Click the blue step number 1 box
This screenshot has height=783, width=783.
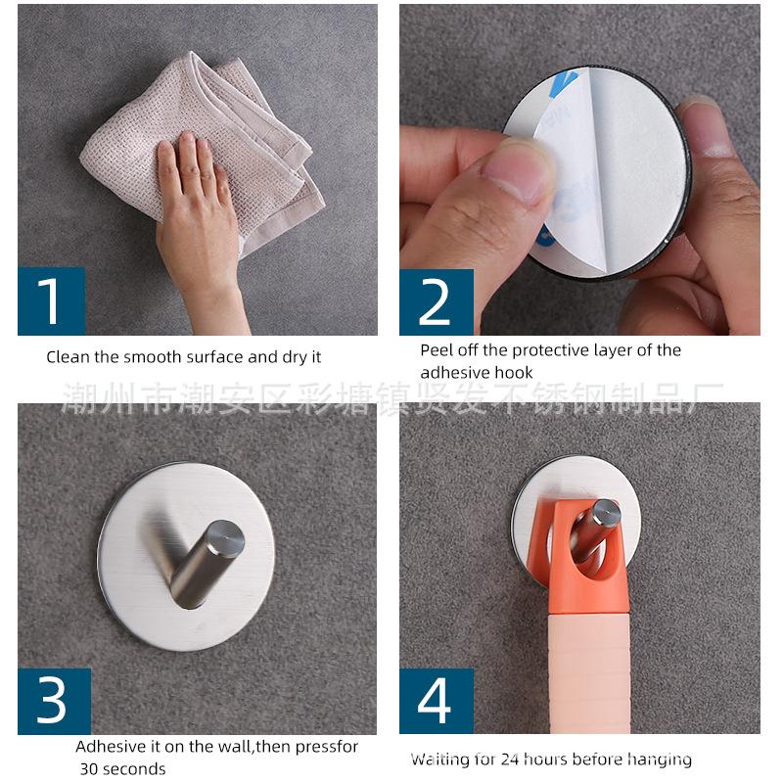tap(52, 301)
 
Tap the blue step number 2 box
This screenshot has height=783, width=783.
tap(437, 302)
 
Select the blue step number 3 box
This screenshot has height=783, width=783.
tap(55, 701)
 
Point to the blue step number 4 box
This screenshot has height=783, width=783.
tap(437, 701)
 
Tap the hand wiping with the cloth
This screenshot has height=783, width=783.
tap(200, 225)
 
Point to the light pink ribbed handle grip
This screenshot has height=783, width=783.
tap(589, 673)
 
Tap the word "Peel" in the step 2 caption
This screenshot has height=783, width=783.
tap(437, 350)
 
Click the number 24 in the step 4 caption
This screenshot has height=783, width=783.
tap(510, 760)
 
